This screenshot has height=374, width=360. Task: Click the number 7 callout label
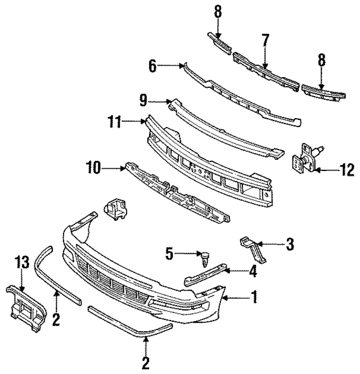click(x=265, y=40)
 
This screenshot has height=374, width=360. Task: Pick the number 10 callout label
click(x=93, y=167)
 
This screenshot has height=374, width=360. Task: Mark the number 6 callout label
click(x=152, y=66)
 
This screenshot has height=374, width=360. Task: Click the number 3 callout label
click(x=290, y=244)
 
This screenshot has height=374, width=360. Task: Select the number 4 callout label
click(x=253, y=273)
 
